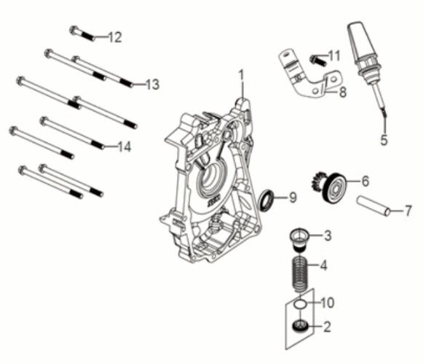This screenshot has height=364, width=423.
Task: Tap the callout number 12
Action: coord(115,37)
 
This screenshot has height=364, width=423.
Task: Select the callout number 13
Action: coord(151,85)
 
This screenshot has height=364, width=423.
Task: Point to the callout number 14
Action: coord(124,147)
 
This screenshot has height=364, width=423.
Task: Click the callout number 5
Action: coord(384,138)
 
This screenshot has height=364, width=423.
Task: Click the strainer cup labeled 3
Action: coord(299,236)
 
